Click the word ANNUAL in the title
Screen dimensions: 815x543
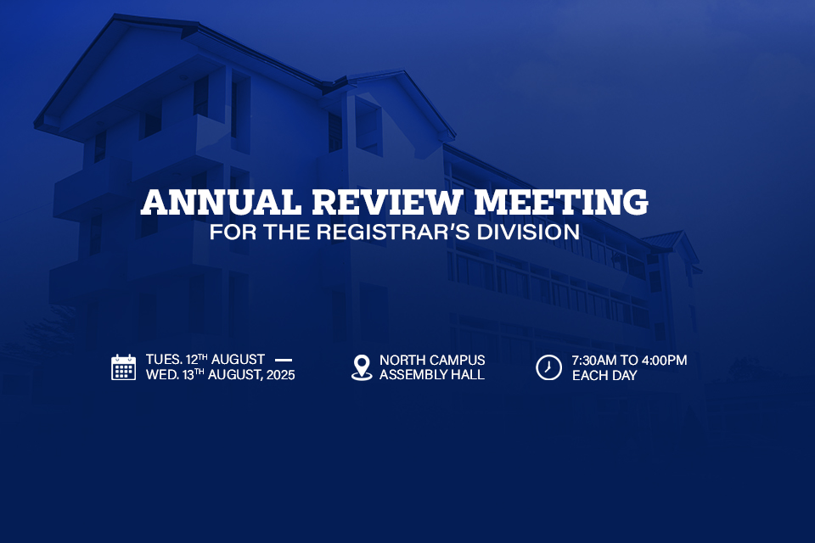[221, 202]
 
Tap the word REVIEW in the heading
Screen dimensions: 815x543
[387, 202]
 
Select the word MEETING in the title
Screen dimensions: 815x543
[561, 202]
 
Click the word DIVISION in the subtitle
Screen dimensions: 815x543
[528, 232]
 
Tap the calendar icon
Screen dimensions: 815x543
[124, 367]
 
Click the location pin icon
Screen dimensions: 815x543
[362, 367]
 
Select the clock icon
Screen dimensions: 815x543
[549, 367]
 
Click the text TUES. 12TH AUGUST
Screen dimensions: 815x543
[205, 360]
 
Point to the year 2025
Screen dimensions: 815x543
[281, 375]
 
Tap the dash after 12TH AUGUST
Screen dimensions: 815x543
[284, 360]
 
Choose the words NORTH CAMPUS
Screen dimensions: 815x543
[432, 360]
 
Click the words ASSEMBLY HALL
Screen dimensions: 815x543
[432, 375]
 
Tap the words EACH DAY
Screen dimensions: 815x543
[604, 375]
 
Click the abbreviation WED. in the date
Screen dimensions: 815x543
[162, 375]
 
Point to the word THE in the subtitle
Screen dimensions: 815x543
[286, 232]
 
